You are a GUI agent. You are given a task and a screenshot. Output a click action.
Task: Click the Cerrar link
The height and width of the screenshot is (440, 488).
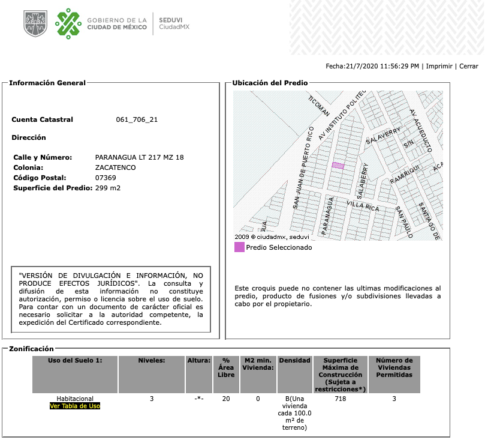pos(469,66)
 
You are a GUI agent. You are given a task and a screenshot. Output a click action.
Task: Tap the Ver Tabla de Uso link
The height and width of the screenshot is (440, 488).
pos(74,406)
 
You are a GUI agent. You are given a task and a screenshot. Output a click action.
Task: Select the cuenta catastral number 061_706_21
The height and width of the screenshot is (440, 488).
pos(137,119)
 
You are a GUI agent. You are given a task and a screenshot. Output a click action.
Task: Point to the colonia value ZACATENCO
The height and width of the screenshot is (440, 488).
pos(116,167)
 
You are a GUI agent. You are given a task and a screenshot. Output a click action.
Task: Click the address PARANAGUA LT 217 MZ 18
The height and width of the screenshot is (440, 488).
pos(140,157)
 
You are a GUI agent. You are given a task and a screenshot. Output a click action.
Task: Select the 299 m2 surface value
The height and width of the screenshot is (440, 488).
pos(108,188)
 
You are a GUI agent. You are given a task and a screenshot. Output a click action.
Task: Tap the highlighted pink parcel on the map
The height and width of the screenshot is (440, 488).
pos(338,165)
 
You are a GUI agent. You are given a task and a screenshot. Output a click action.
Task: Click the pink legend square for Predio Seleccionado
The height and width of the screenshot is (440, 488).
pos(239,247)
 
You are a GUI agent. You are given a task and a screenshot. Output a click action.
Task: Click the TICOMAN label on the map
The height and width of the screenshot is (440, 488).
pos(320,106)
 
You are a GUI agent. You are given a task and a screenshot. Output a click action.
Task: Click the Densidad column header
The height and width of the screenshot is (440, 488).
pos(294,360)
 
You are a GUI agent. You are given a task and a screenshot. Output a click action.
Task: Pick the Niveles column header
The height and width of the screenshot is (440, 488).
pos(152,360)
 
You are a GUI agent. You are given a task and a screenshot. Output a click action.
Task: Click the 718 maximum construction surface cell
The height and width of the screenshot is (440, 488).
pos(341,398)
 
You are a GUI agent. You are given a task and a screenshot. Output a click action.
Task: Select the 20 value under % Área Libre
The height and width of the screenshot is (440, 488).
pos(226,398)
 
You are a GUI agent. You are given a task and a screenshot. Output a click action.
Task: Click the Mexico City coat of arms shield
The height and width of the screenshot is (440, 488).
pos(35,23)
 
